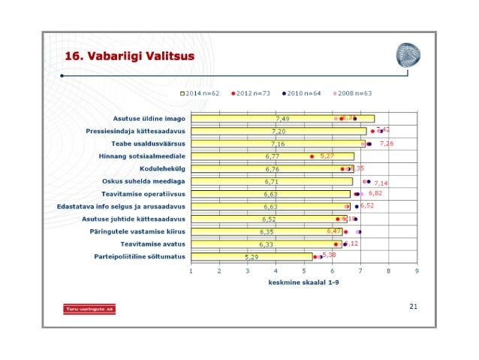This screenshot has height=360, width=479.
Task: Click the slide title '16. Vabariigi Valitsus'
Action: [x=129, y=56]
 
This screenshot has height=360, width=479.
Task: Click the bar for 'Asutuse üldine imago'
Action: [x=282, y=119]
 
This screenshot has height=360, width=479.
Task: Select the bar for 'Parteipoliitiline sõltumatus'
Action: [x=251, y=257]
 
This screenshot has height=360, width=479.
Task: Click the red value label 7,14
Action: [x=381, y=183]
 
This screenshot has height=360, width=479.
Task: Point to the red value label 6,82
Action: [x=375, y=193]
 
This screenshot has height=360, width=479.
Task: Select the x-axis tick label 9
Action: [x=416, y=271]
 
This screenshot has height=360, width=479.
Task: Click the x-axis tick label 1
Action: [x=191, y=271]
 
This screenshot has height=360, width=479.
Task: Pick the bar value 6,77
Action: [x=272, y=156]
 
